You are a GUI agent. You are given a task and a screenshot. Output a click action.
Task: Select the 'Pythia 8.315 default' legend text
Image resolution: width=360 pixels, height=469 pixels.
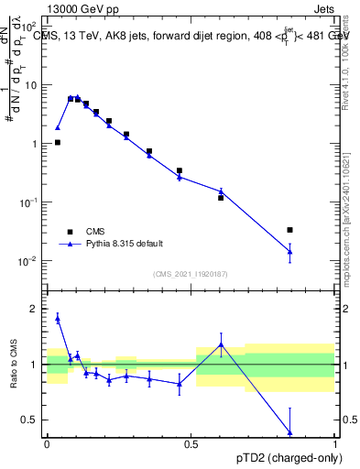coord(125,244)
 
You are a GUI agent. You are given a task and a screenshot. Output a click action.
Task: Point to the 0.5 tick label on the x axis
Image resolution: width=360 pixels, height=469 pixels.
coord(191,444)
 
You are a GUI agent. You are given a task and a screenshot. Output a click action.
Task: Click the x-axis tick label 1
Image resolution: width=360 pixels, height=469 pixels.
coord(335,444)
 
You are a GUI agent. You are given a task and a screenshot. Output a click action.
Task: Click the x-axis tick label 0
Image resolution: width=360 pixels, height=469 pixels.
coord(47,444)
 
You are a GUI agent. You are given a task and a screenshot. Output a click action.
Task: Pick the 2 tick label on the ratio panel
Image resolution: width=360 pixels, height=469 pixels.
coord(34,309)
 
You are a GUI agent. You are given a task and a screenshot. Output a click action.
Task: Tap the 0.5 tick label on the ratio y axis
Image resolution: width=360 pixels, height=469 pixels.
coord(29,420)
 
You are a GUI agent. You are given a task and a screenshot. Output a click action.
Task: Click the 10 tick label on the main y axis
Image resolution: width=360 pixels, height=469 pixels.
coord(30,85)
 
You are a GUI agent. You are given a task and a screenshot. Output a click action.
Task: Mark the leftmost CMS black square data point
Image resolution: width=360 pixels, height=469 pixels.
coord(58,143)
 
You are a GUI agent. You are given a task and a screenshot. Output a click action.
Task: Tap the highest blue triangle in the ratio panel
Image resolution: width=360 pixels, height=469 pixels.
coord(58,318)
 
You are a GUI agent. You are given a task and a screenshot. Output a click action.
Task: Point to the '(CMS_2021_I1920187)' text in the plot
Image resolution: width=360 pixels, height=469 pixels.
coord(191,274)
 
